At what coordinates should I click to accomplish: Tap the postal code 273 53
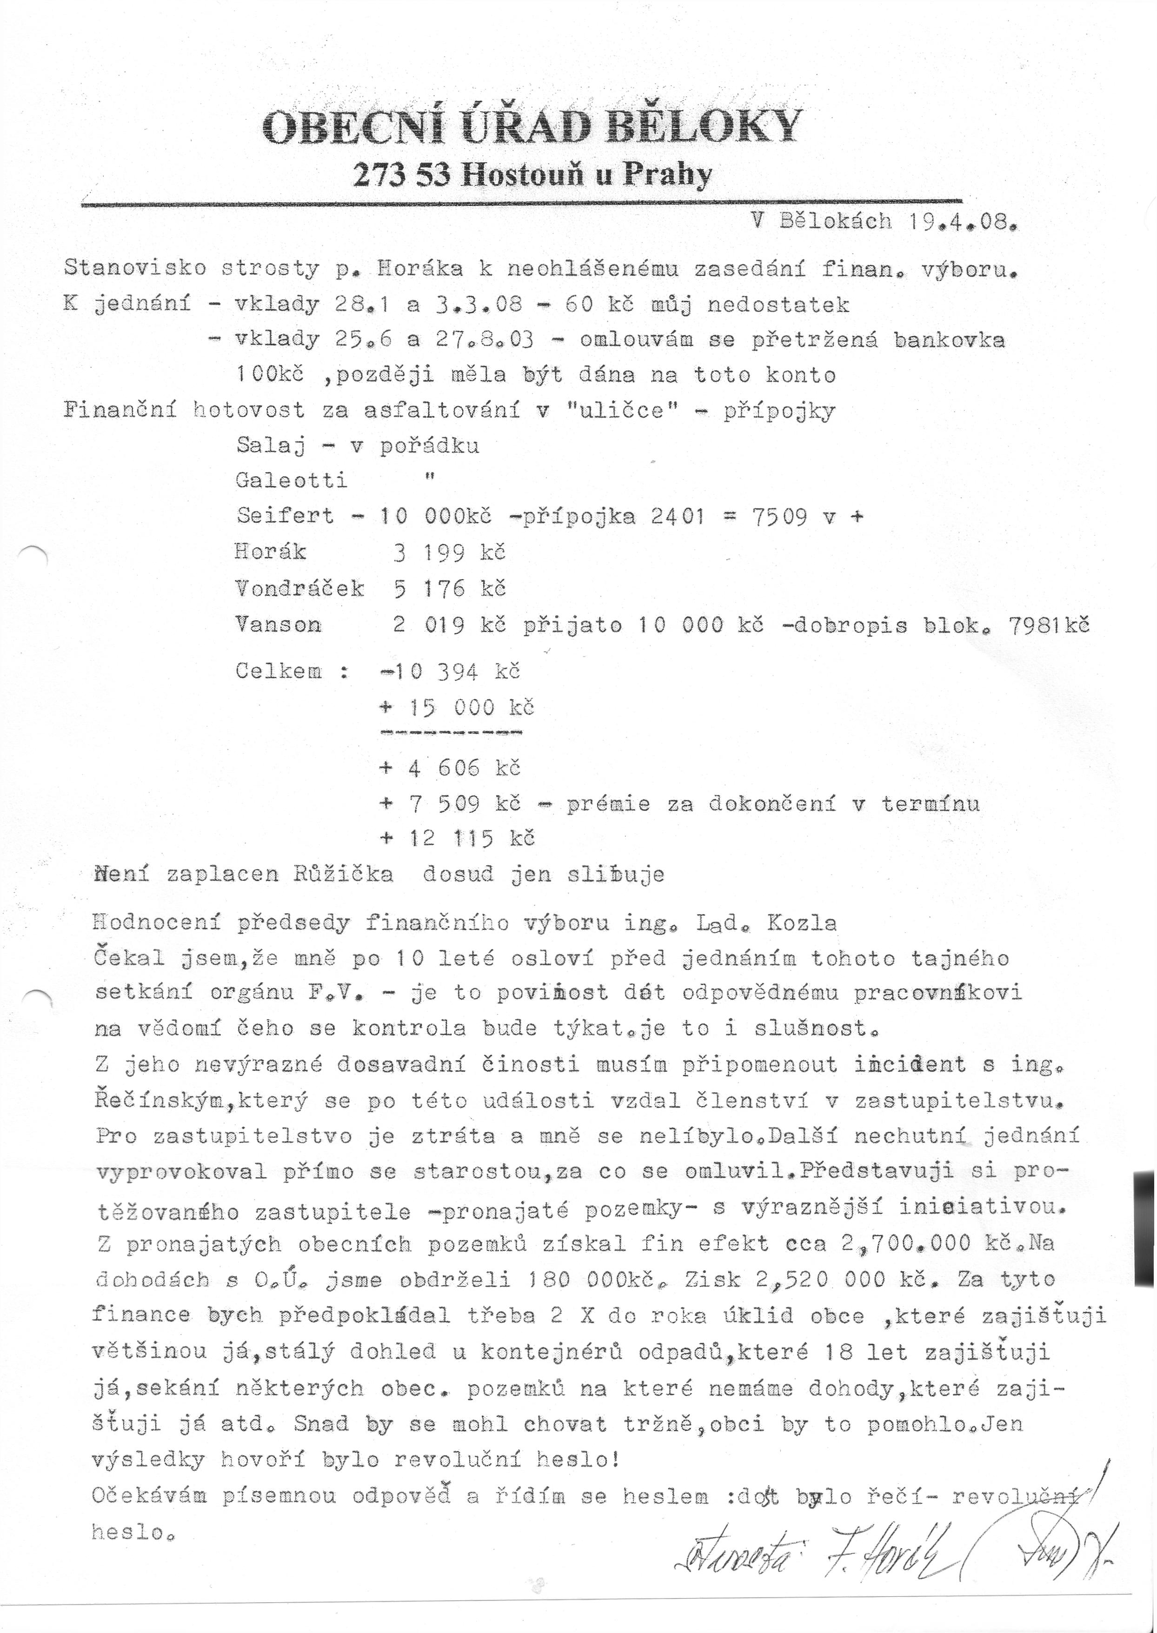(401, 174)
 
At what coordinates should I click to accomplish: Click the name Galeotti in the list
(292, 481)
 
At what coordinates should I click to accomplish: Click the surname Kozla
(802, 923)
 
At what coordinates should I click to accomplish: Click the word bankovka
(950, 340)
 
